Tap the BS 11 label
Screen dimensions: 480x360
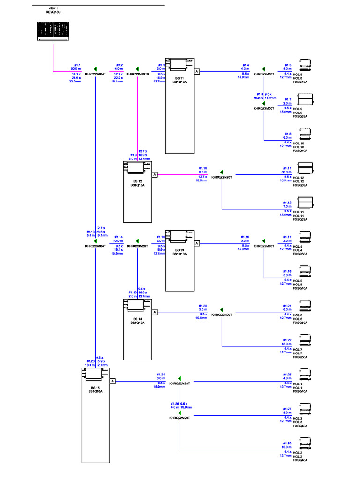click(180, 78)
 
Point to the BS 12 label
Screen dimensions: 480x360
click(137, 181)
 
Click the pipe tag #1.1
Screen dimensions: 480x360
click(77, 65)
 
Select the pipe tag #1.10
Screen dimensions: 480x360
click(202, 168)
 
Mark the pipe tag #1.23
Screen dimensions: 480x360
click(90, 361)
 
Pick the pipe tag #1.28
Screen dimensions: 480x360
click(287, 443)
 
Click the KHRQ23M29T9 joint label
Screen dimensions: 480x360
click(137, 74)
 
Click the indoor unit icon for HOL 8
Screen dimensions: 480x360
click(305, 65)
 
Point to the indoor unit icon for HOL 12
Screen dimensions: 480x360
click(305, 168)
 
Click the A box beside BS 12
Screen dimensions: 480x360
click(155, 174)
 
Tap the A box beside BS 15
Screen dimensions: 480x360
click(113, 381)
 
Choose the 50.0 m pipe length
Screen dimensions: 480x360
click(76, 69)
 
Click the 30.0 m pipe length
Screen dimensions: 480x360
click(286, 172)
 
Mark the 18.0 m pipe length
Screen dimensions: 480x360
click(286, 344)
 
